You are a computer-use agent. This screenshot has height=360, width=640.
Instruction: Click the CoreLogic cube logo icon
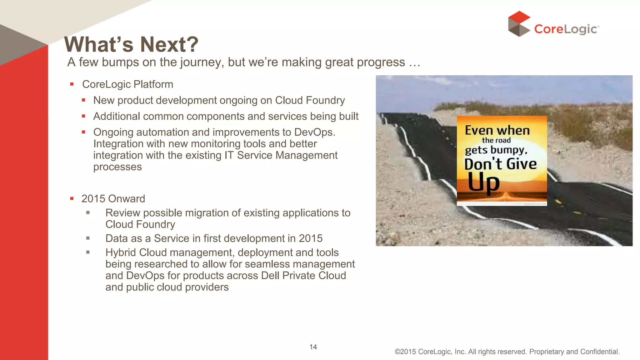[x=519, y=24]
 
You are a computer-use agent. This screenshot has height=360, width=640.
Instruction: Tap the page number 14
[x=313, y=347]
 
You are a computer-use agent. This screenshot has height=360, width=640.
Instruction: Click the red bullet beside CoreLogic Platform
[x=72, y=84]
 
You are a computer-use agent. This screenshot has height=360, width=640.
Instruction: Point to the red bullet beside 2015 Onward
[x=72, y=198]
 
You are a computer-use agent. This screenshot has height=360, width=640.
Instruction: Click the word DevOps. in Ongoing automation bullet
[x=315, y=132]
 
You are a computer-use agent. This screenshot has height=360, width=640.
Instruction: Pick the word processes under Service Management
[x=117, y=167]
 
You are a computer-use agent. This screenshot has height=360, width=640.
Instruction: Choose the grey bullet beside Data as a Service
[x=88, y=238]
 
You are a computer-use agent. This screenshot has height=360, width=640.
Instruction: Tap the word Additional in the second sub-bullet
[x=117, y=116]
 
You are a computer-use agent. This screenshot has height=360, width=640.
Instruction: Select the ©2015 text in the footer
[x=405, y=352]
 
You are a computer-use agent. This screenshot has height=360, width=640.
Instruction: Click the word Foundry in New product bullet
[x=325, y=100]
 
